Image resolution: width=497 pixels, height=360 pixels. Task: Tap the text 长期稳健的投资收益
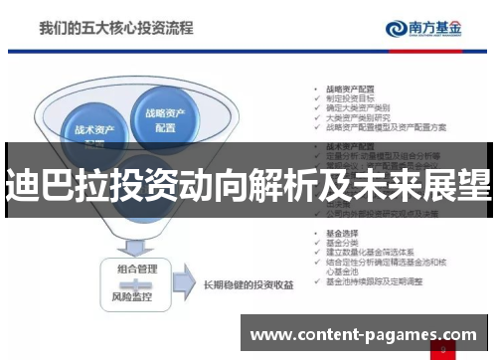(248, 286)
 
